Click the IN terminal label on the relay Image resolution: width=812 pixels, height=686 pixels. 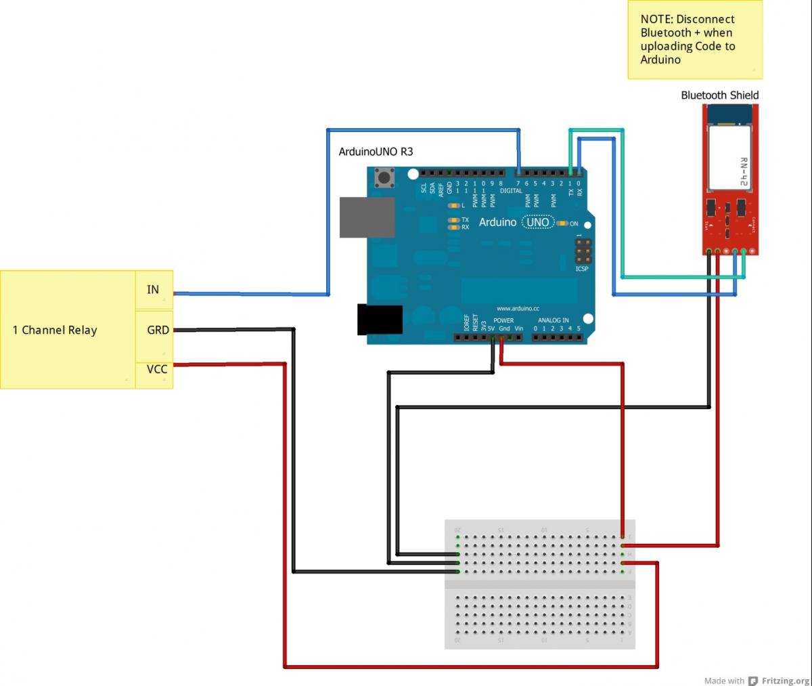pyautogui.click(x=153, y=290)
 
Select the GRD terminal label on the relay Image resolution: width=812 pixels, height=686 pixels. pyautogui.click(x=158, y=330)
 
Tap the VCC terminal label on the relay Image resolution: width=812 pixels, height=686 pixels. pyautogui.click(x=157, y=369)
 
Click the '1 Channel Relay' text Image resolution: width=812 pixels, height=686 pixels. pyautogui.click(x=55, y=330)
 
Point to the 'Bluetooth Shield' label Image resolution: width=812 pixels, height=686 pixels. pyautogui.click(x=719, y=95)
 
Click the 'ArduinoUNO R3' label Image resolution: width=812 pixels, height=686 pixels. pyautogui.click(x=376, y=152)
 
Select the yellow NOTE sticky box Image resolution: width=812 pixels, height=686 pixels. pyautogui.click(x=695, y=40)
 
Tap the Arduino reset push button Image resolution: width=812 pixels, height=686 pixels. pyautogui.click(x=386, y=178)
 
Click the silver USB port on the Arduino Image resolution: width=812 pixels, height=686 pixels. pyautogui.click(x=367, y=217)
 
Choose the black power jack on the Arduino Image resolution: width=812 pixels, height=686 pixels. pyautogui.click(x=380, y=320)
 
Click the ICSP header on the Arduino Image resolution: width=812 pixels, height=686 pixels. pyautogui.click(x=583, y=251)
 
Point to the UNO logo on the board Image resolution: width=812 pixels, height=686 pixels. pyautogui.click(x=538, y=222)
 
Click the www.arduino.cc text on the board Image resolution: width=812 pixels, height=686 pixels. pyautogui.click(x=518, y=309)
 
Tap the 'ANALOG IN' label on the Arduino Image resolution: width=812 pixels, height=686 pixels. pyautogui.click(x=553, y=320)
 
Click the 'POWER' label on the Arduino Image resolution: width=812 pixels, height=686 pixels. pyautogui.click(x=503, y=320)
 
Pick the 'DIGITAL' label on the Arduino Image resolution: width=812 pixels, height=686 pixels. pyautogui.click(x=511, y=191)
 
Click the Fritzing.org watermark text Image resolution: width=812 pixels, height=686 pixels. pyautogui.click(x=785, y=681)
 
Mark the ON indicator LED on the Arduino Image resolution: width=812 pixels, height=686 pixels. pyautogui.click(x=562, y=223)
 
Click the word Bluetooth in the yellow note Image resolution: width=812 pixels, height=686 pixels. pyautogui.click(x=666, y=33)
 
